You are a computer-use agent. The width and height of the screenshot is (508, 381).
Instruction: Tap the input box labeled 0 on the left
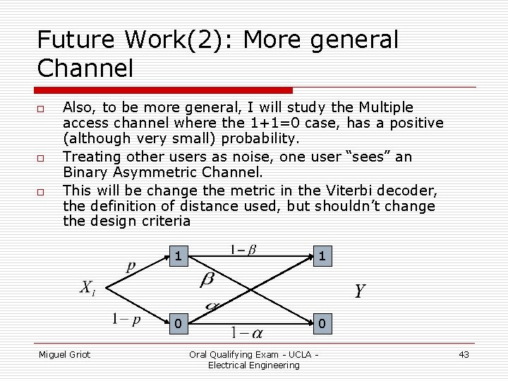click(x=179, y=324)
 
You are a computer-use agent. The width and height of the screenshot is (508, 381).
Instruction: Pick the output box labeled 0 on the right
click(x=322, y=324)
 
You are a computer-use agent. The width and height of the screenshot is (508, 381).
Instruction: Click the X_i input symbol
click(x=87, y=289)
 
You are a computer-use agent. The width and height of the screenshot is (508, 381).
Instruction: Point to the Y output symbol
click(x=359, y=291)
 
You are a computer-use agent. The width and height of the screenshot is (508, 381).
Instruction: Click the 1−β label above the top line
click(x=243, y=249)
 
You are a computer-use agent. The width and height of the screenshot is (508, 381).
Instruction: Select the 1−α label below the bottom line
click(x=248, y=332)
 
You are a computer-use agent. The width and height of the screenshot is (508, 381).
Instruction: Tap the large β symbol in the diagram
click(x=207, y=280)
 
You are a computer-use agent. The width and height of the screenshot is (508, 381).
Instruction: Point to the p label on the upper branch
click(x=131, y=267)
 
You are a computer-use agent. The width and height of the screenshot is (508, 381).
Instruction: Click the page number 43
click(x=464, y=354)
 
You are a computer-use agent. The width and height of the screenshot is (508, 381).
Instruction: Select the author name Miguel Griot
click(x=64, y=354)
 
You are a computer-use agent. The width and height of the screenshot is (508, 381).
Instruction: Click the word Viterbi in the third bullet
click(x=322, y=190)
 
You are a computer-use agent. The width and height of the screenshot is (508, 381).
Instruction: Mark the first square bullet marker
click(x=41, y=109)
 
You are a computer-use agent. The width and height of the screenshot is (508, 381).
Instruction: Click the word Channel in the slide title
click(x=85, y=68)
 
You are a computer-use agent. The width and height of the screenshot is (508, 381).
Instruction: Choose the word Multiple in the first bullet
click(x=386, y=107)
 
